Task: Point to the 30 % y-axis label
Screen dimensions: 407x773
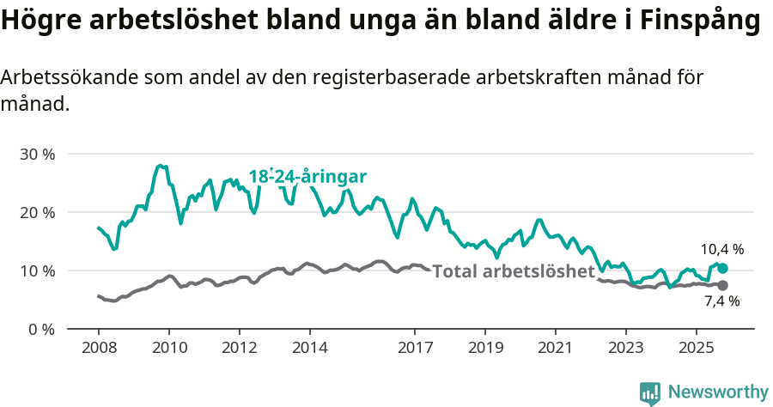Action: coord(37,155)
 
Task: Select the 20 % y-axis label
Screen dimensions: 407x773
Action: coord(37,213)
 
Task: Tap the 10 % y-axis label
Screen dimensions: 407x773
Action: coord(37,270)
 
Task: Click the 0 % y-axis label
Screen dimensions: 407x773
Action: coord(40,329)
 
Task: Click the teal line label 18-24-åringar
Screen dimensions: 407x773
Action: coord(307,177)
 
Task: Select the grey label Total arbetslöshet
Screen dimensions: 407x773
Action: coord(514,272)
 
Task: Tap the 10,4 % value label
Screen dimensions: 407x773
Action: coord(721,250)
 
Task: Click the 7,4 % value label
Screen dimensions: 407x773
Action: coord(721,301)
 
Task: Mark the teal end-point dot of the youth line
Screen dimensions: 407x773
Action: coord(722,269)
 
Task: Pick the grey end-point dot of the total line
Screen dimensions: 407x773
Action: coord(722,285)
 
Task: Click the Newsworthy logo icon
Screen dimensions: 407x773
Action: coord(650,393)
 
